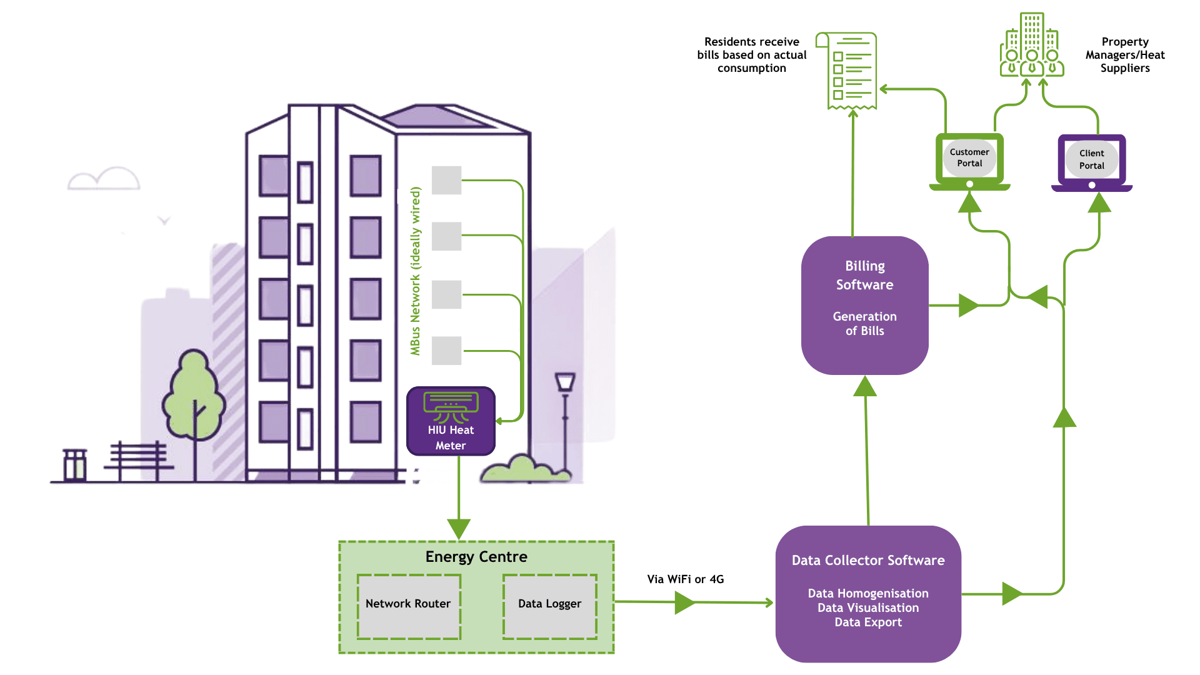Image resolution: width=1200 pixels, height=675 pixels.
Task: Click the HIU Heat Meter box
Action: click(x=451, y=421)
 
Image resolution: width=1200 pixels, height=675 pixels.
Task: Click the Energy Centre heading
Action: click(x=476, y=557)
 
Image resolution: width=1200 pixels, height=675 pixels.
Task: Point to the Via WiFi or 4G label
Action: click(x=685, y=579)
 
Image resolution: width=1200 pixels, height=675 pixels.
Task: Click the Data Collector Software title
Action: click(x=867, y=561)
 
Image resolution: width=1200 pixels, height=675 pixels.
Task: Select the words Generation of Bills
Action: click(x=864, y=324)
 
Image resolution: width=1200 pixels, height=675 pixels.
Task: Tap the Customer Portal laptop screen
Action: click(x=969, y=158)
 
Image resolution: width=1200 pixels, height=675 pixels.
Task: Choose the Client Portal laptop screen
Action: click(x=1091, y=159)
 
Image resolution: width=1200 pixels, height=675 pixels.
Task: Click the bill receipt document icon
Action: click(x=850, y=71)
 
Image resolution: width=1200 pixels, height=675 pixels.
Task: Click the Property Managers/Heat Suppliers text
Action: click(x=1125, y=55)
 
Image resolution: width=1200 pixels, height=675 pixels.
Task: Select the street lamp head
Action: click(x=565, y=381)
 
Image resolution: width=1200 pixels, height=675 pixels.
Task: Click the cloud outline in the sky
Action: click(x=104, y=179)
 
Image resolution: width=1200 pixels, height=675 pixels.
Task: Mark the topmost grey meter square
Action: click(x=446, y=180)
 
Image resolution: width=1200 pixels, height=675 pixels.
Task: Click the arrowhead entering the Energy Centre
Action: click(x=459, y=529)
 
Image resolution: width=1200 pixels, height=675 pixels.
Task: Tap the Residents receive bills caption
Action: click(x=751, y=55)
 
